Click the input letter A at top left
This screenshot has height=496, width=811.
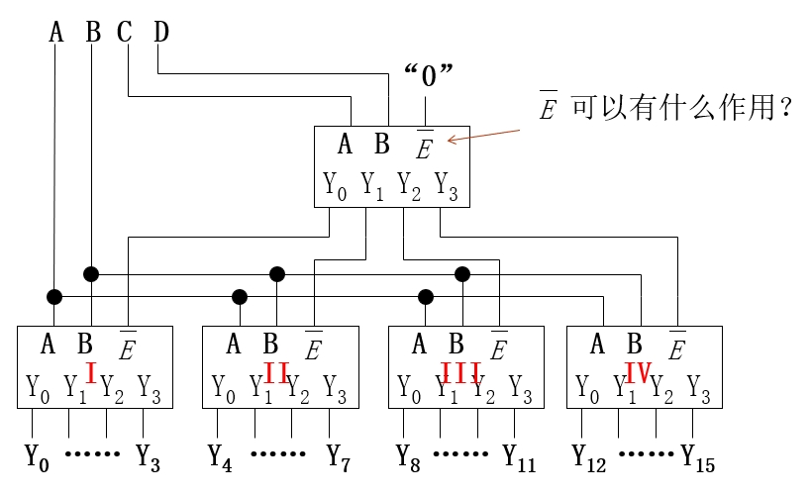55,32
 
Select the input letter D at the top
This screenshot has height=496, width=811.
160,32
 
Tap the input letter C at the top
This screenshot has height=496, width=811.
124,32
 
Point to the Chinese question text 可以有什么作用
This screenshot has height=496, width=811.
682,107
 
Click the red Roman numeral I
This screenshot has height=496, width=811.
91,373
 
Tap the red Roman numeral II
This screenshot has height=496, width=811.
276,373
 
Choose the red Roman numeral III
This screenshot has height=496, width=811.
461,373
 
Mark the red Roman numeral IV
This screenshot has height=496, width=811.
637,373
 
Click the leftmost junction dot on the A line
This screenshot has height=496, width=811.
54,296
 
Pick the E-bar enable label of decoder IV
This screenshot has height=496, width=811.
678,347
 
